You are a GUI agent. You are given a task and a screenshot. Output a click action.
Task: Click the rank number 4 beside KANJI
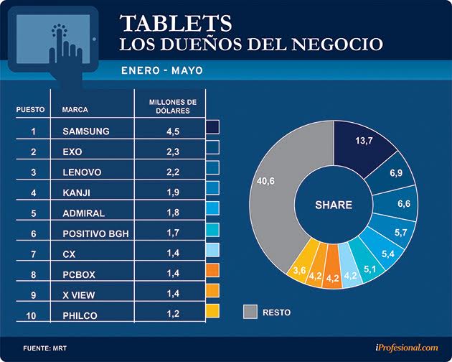point(33,192)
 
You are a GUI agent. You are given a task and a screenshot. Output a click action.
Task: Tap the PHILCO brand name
point(81,316)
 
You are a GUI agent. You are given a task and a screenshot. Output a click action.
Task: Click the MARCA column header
point(75,110)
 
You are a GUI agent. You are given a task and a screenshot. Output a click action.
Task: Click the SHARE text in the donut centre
point(334,205)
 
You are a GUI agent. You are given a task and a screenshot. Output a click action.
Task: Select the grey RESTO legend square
point(250,311)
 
